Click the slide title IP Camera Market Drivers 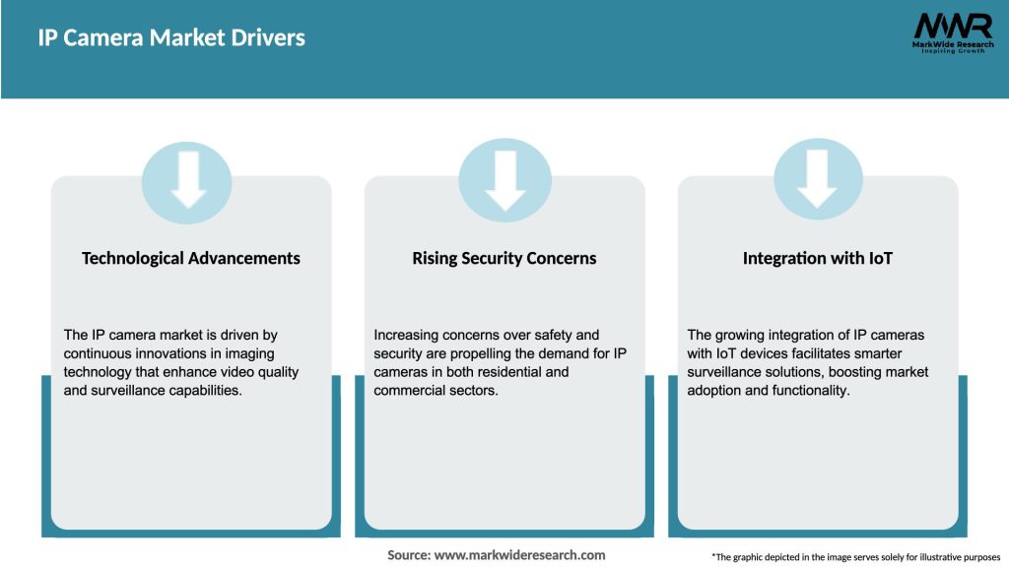[x=171, y=38]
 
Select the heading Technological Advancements [x=191, y=258]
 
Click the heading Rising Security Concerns [x=504, y=258]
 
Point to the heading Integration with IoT [x=817, y=258]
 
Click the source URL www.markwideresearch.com [x=519, y=555]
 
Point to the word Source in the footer [x=408, y=555]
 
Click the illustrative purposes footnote [x=855, y=557]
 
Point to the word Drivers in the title [x=269, y=38]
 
